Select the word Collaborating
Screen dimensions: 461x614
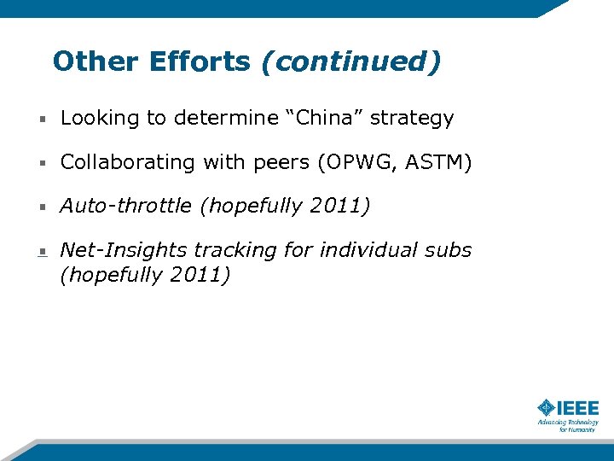[x=130, y=162]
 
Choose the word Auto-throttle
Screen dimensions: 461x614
[x=125, y=207]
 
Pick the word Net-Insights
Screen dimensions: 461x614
[x=124, y=250]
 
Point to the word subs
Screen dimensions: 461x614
[x=448, y=250]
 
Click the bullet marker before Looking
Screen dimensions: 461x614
[x=42, y=119]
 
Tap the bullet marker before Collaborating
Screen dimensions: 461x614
[x=42, y=163]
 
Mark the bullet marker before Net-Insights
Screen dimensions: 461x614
[x=42, y=252]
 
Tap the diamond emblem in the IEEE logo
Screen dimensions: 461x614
[x=547, y=408]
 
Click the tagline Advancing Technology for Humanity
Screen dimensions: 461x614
[x=568, y=425]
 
